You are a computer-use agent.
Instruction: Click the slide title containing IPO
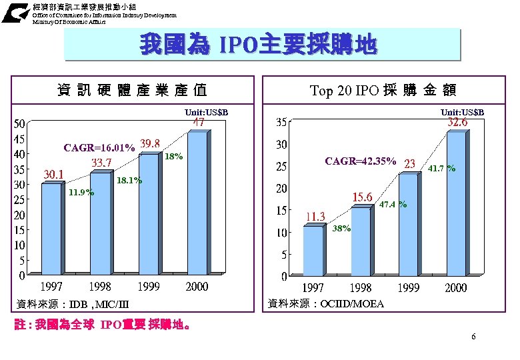(x=258, y=45)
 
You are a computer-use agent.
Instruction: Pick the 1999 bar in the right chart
(x=409, y=223)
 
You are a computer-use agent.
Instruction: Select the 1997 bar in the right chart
(x=314, y=250)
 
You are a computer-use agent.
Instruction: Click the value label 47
(x=199, y=123)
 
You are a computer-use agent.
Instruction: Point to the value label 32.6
(x=457, y=123)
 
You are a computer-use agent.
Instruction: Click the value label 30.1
(x=53, y=175)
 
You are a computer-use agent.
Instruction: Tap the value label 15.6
(x=362, y=197)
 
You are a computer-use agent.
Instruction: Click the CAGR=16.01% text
(x=100, y=147)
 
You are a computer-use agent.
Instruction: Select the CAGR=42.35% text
(x=360, y=161)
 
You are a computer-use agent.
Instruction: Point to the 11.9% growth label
(x=81, y=193)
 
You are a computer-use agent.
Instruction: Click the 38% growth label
(x=341, y=228)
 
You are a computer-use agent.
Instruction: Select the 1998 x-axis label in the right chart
(x=361, y=288)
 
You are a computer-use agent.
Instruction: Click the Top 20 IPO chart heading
(x=383, y=90)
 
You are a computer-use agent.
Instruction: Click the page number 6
(x=473, y=337)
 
